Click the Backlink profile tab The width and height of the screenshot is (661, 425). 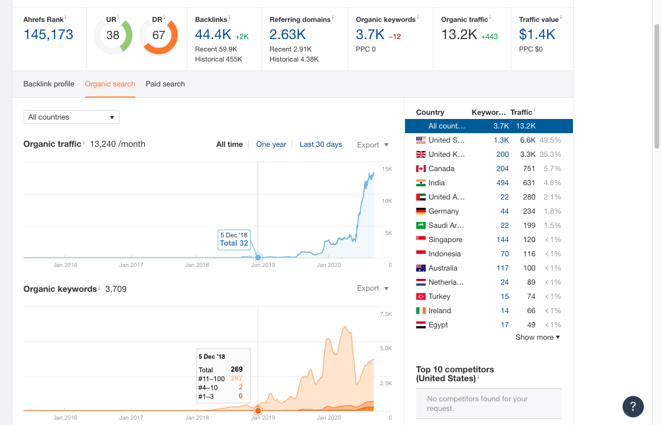click(x=49, y=84)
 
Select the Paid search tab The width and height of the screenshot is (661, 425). click(x=165, y=84)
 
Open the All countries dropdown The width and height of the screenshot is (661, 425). click(x=71, y=117)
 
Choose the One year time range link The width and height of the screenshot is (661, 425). click(x=271, y=144)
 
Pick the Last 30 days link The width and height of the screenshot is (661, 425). click(x=320, y=144)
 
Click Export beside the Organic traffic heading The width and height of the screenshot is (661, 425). click(x=372, y=145)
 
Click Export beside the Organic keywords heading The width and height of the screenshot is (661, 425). click(x=372, y=288)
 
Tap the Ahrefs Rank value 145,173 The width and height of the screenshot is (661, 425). click(x=48, y=34)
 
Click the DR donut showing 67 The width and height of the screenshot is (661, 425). click(x=158, y=36)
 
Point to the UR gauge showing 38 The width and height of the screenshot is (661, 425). click(x=112, y=36)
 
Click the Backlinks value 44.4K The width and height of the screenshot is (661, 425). click(x=213, y=35)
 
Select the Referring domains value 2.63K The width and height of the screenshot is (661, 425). click(x=288, y=35)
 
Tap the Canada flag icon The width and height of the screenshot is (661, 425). click(x=421, y=169)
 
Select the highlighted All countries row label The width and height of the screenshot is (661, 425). click(x=446, y=126)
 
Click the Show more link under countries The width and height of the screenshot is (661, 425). click(x=537, y=337)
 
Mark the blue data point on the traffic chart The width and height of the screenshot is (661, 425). click(x=258, y=257)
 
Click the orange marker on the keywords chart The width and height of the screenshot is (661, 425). click(x=258, y=410)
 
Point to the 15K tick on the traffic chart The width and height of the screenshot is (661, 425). click(x=387, y=169)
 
